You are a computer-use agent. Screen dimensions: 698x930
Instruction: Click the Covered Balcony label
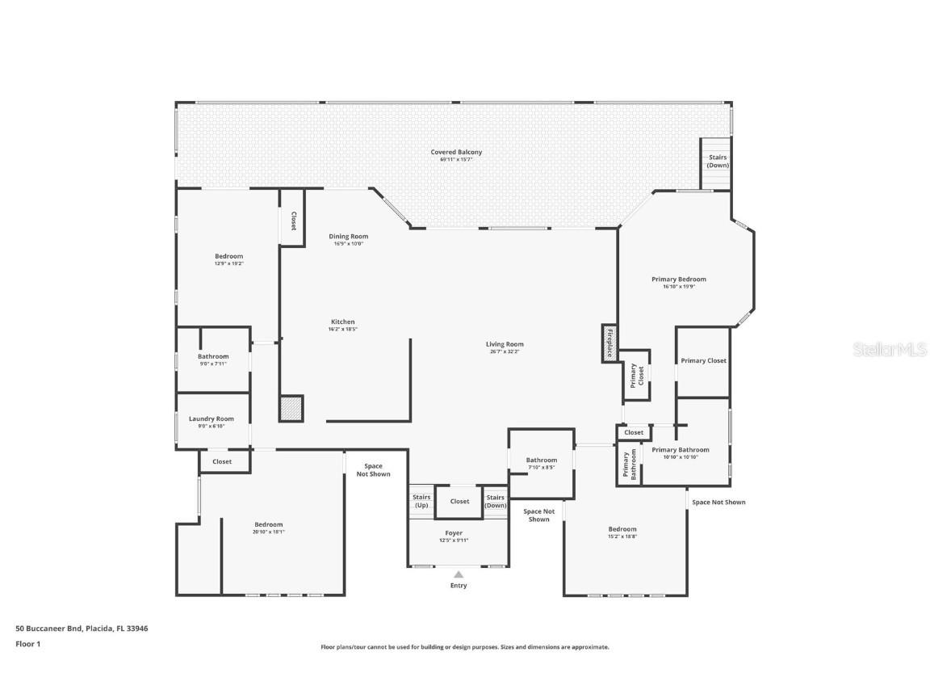click(x=456, y=152)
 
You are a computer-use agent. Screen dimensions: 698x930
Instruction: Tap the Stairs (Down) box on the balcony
click(x=718, y=162)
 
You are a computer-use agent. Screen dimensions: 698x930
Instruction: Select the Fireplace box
click(x=610, y=343)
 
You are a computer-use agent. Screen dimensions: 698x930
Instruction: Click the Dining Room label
click(x=348, y=237)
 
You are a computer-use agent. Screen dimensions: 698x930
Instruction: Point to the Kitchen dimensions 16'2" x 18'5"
click(x=342, y=330)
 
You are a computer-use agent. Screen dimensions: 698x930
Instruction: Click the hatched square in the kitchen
click(x=291, y=408)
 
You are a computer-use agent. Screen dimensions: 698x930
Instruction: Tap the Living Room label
click(x=505, y=344)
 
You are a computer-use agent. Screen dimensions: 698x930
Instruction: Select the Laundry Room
click(x=212, y=422)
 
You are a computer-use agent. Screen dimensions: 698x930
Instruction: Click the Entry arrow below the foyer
click(x=458, y=575)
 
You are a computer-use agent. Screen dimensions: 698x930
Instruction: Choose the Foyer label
click(x=454, y=533)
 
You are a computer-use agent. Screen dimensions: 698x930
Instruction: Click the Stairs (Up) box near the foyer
click(x=421, y=502)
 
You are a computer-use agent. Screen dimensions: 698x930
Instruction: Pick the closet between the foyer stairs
click(x=459, y=502)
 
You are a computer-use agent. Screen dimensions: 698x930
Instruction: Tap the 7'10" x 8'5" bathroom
click(x=542, y=463)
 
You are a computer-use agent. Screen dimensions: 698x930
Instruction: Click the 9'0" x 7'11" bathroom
click(x=213, y=360)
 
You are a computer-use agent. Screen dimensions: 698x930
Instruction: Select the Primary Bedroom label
click(x=679, y=280)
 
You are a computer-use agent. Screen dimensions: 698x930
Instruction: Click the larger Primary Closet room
click(x=703, y=361)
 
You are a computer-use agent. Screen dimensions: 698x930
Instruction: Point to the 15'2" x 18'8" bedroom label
click(x=622, y=532)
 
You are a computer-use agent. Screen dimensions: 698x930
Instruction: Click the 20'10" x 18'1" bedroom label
click(x=269, y=528)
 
